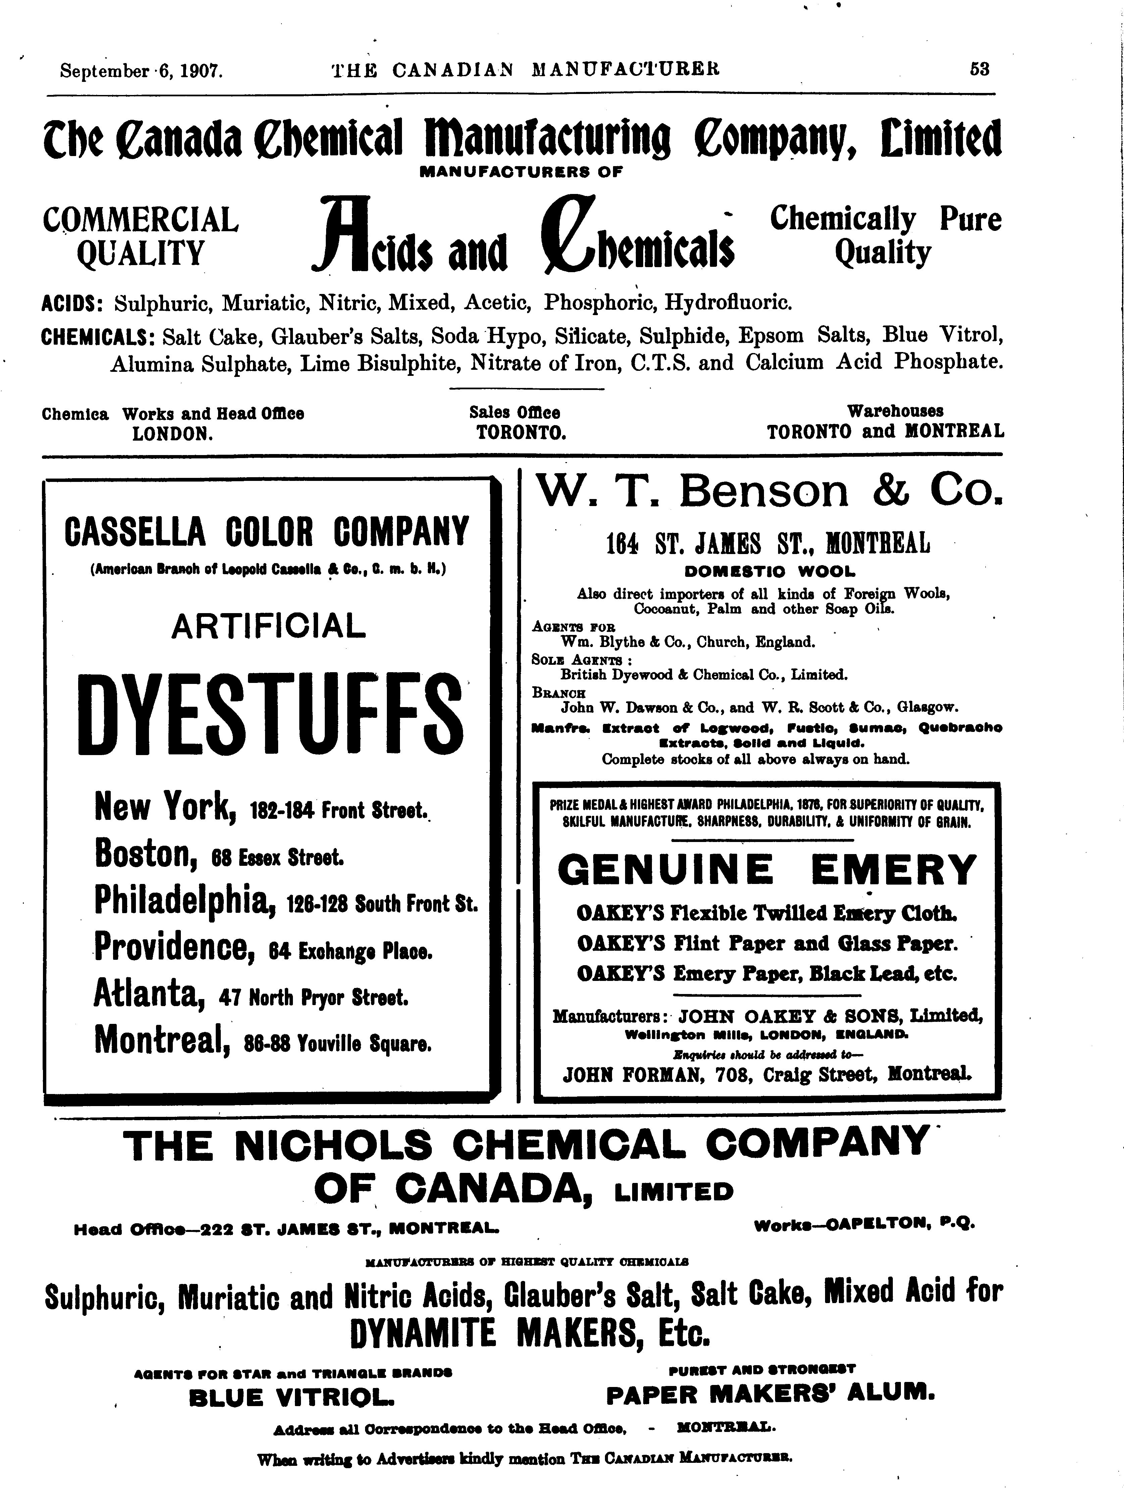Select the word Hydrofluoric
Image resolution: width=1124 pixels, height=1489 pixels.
[728, 302]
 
